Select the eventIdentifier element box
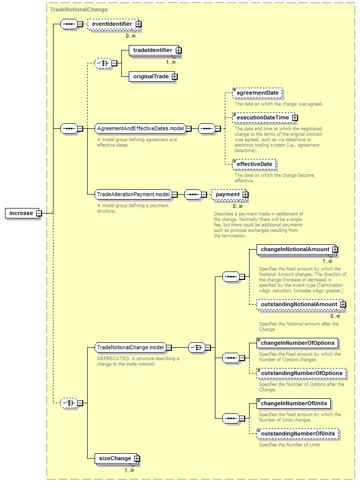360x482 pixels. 114,24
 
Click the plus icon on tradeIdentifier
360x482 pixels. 178,50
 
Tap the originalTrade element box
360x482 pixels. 153,77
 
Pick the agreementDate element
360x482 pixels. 257,93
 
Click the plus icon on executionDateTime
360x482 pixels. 295,118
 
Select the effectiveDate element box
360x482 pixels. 254,164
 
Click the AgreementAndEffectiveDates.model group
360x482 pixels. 140,128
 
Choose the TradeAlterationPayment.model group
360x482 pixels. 133,194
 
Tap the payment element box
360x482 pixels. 229,194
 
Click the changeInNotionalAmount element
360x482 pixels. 297,249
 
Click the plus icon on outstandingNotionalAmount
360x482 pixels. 343,304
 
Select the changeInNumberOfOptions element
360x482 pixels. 297,343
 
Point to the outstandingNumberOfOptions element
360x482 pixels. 302,373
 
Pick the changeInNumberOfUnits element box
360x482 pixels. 294,403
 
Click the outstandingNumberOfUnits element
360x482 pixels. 298,433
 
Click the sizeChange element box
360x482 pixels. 116,458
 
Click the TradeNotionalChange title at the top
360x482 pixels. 79,9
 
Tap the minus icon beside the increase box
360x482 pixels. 39,213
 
